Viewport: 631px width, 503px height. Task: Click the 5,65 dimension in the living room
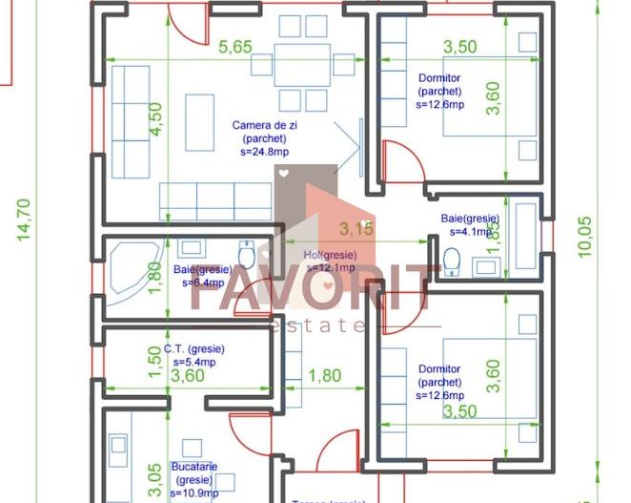coord(235,47)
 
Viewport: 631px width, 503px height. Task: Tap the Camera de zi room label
coord(261,137)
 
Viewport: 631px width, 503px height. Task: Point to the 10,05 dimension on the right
coord(584,235)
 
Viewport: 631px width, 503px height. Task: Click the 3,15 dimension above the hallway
coord(356,229)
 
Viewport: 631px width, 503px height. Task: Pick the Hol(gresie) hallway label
coord(329,262)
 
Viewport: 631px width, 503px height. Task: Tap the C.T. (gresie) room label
coord(194,356)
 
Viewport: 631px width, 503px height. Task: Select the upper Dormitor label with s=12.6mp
coord(440,91)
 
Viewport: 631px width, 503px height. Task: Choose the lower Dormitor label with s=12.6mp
coord(440,382)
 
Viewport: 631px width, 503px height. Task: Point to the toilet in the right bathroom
coord(452,260)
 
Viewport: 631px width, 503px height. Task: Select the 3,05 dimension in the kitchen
coord(154,474)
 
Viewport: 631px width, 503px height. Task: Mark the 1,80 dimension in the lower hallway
coord(324,376)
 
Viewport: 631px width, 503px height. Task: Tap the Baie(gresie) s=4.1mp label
coord(469,224)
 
